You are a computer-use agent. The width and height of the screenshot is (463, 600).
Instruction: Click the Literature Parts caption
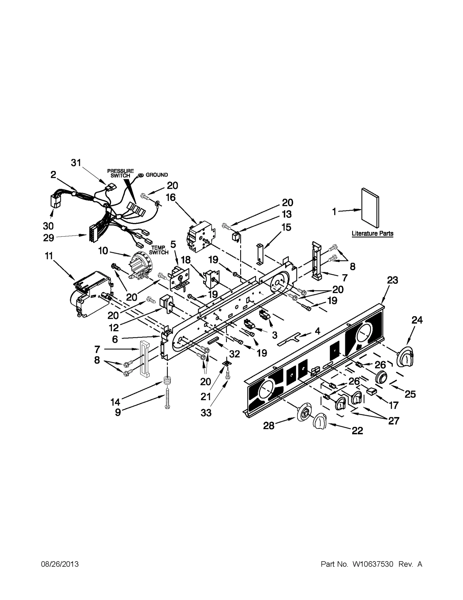pos(372,233)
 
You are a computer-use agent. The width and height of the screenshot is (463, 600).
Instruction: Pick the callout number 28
pos(269,426)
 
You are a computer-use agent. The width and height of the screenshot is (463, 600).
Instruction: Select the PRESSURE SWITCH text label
pos(120,173)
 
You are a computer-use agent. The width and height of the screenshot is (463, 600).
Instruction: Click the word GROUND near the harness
pos(157,175)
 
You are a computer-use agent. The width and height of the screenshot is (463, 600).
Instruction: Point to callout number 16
pos(171,197)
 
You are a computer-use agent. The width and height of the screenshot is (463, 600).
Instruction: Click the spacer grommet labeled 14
pos(167,380)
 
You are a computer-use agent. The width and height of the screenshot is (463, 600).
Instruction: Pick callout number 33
pos(206,413)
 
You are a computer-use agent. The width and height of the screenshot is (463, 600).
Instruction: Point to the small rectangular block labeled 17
pos(371,391)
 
